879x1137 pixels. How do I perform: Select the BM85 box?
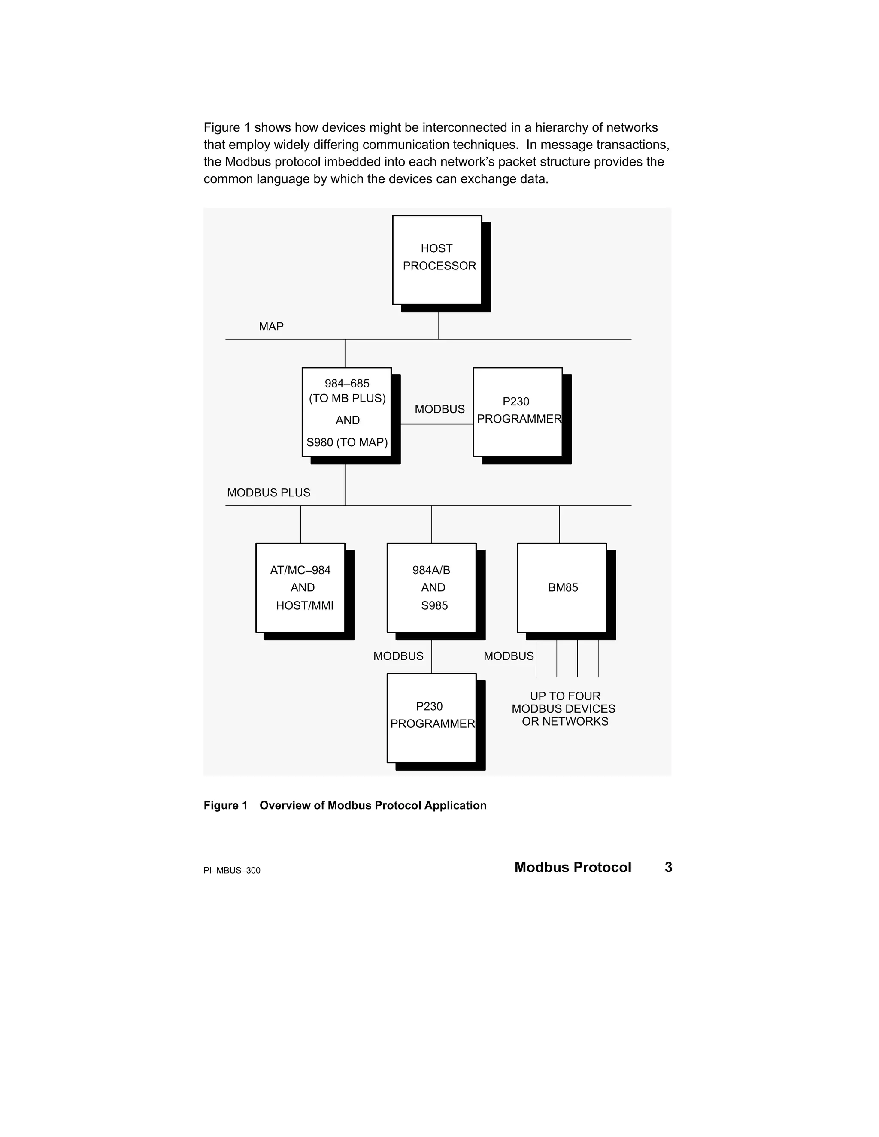point(562,588)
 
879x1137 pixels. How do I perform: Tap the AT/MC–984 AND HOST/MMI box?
point(300,588)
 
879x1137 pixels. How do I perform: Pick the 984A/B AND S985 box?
point(432,588)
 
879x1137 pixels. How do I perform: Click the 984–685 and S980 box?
point(346,412)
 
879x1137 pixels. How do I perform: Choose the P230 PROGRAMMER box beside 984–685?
point(518,412)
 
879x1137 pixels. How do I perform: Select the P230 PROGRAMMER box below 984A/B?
point(432,718)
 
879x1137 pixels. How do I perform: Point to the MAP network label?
point(271,327)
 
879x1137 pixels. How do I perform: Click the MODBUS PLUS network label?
point(269,493)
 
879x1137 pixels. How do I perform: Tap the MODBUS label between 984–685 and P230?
point(439,409)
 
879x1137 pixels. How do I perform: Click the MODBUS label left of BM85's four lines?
point(508,656)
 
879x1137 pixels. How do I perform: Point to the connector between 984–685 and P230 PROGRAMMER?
point(437,424)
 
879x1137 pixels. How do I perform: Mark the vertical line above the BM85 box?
point(560,524)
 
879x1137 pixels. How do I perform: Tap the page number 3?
point(669,867)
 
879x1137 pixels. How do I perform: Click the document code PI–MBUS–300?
point(232,871)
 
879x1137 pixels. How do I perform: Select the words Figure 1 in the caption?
point(225,805)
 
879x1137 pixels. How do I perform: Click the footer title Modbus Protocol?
point(573,867)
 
